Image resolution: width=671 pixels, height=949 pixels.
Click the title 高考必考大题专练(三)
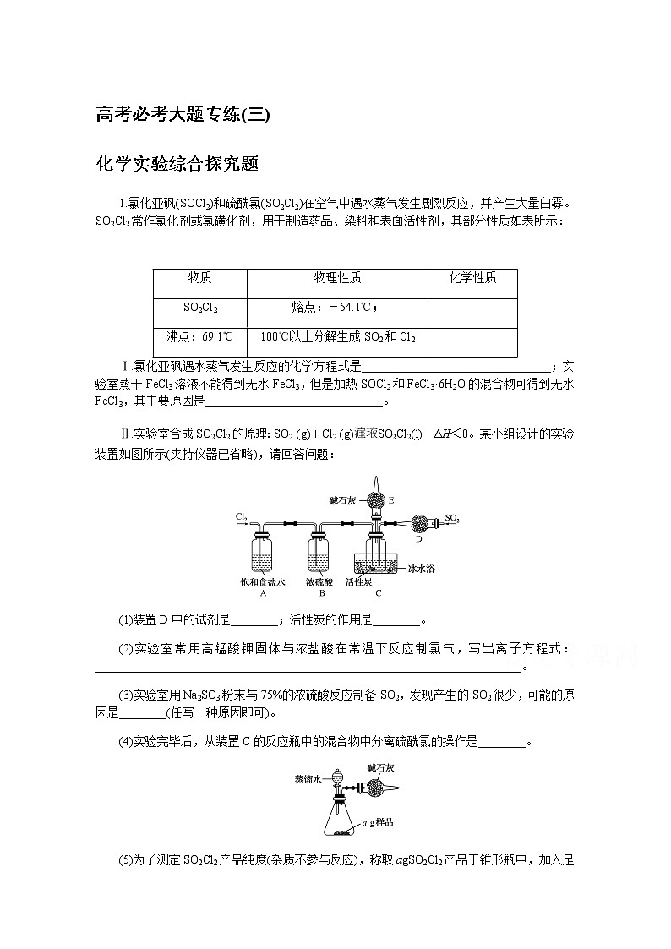(x=183, y=115)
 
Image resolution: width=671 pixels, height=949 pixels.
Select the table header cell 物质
(x=199, y=278)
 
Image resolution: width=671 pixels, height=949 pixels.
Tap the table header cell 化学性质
(x=472, y=278)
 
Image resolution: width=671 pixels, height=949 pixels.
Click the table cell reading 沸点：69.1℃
(x=199, y=336)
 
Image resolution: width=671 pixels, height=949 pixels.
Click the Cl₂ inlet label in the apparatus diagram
(x=241, y=515)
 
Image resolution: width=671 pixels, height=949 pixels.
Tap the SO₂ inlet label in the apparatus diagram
(x=452, y=517)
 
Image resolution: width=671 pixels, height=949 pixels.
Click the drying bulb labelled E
(x=377, y=499)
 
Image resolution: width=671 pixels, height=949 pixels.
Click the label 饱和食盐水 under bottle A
(x=263, y=582)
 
